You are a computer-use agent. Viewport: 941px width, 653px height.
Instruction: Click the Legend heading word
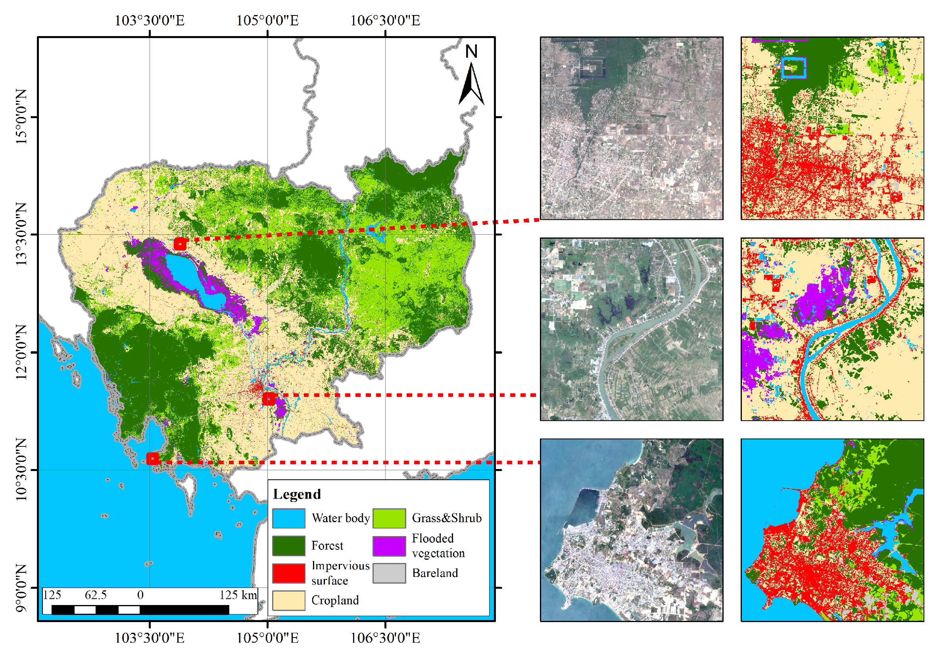297,494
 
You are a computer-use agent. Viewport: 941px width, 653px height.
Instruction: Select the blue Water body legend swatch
288,518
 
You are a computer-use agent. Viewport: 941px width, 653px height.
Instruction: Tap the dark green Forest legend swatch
288,546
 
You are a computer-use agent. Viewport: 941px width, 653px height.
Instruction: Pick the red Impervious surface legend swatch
288,573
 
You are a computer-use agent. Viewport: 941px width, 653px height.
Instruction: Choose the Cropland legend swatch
288,600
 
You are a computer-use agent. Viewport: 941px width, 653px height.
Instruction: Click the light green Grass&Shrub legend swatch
389,518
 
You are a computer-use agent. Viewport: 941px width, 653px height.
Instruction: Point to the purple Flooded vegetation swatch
389,546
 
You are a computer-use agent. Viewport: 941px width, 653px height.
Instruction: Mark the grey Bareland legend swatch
389,573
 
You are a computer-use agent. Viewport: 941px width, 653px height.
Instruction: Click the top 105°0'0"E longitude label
267,21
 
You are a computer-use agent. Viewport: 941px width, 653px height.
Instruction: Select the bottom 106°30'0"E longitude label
385,638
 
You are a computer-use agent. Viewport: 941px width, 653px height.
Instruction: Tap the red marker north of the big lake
180,244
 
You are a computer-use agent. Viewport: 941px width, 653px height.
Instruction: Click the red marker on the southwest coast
153,458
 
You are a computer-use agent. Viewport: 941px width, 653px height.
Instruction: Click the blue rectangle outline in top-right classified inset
793,67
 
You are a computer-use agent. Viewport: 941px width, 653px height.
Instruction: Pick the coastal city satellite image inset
631,530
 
